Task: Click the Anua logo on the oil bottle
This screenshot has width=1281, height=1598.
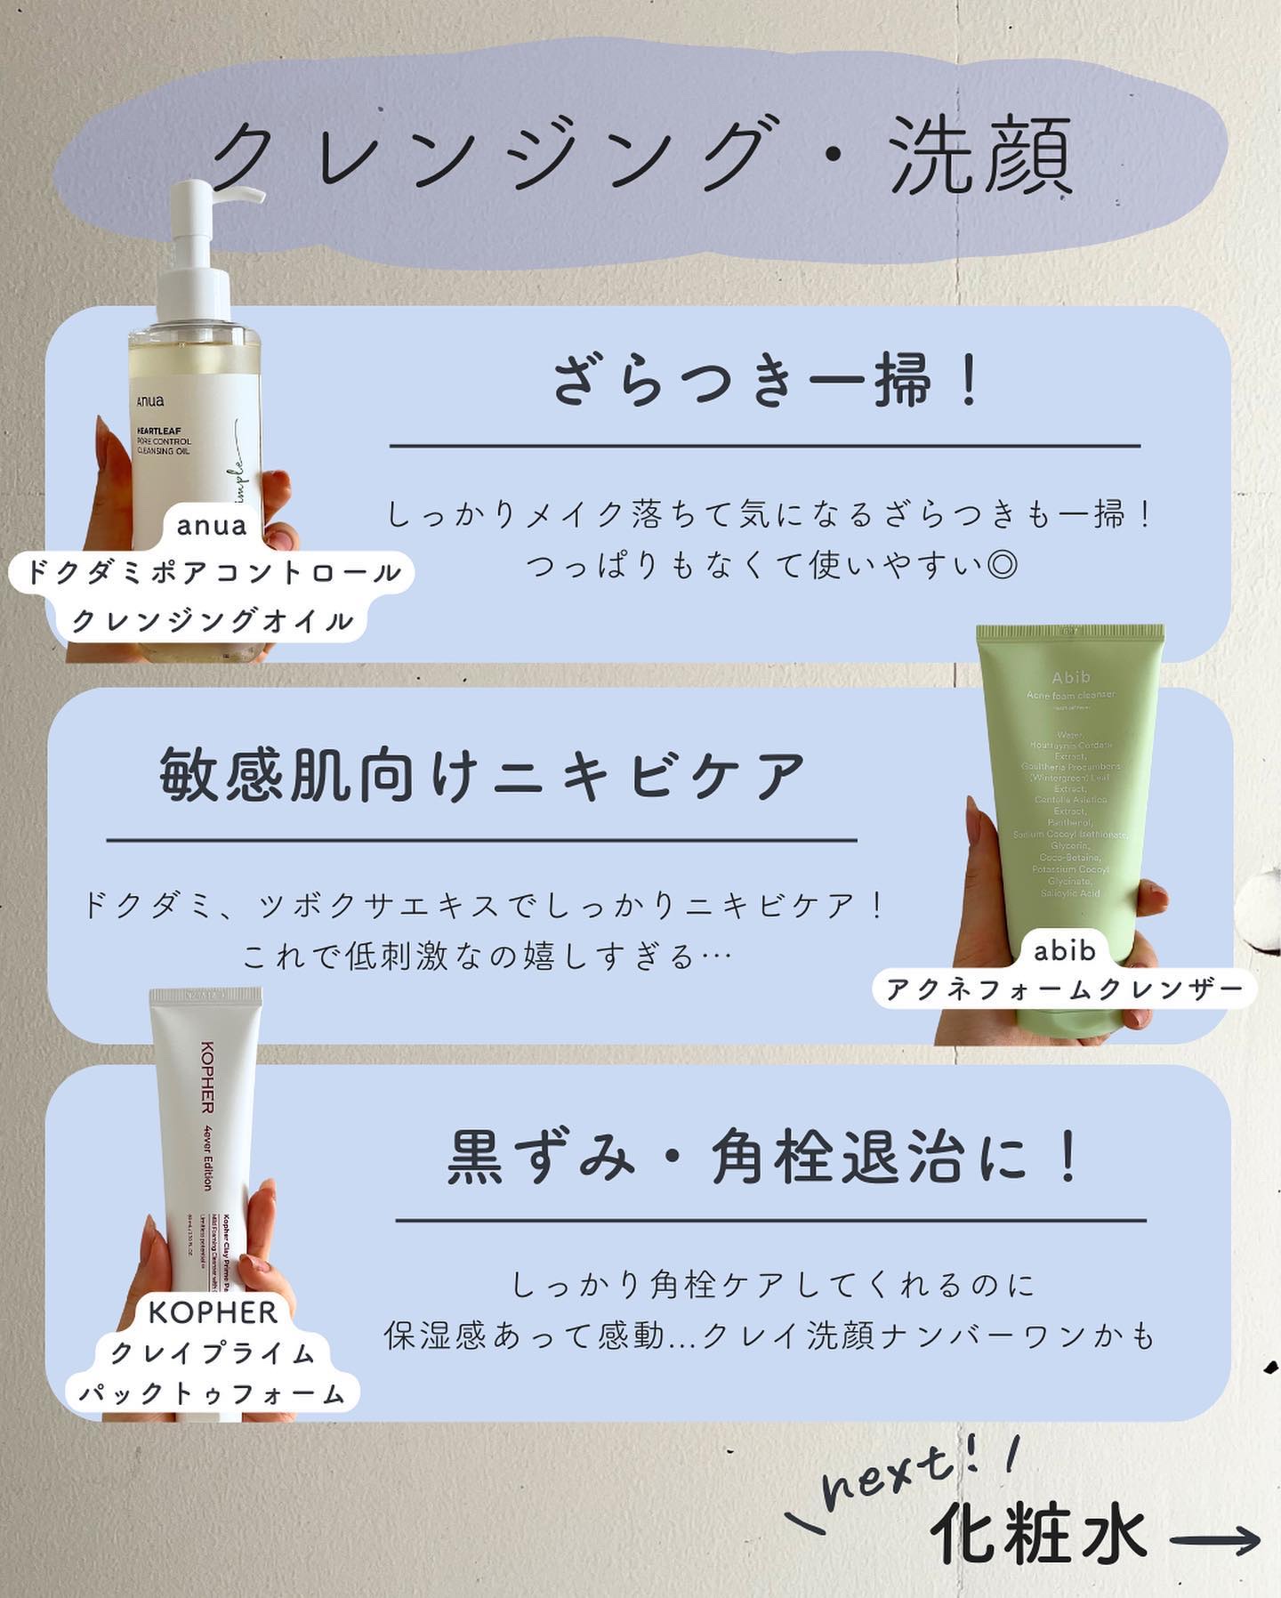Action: (150, 401)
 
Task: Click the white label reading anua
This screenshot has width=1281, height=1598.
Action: (212, 526)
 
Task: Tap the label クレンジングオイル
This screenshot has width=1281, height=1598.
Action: (212, 620)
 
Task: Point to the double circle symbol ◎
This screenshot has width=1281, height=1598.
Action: (1002, 565)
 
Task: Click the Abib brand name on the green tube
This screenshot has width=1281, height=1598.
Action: (1070, 677)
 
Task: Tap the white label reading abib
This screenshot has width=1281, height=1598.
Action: (1064, 951)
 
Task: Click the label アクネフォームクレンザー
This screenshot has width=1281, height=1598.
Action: (1064, 989)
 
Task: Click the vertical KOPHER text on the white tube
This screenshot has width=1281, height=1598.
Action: (206, 1076)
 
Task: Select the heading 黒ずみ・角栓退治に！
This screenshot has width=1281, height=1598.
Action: (765, 1158)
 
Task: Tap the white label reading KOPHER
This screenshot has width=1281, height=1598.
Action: (213, 1311)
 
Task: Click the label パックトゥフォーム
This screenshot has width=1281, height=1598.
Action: (212, 1393)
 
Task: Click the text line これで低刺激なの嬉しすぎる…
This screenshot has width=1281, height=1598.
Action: (487, 956)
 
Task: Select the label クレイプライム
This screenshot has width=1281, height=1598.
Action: (213, 1353)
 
